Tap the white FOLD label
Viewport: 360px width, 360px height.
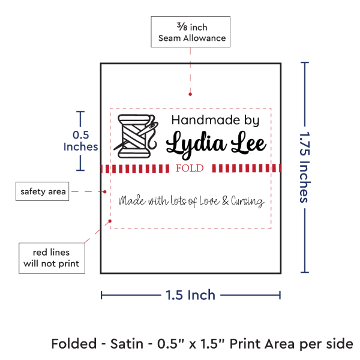tap(190, 168)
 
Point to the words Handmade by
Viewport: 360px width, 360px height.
tap(215, 120)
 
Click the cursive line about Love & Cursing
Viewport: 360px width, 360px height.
tap(191, 202)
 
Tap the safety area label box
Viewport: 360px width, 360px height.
tap(41, 192)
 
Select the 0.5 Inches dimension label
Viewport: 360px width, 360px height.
tap(80, 141)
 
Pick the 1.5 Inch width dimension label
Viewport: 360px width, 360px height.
tap(190, 295)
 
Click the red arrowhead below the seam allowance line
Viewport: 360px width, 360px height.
tap(190, 94)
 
